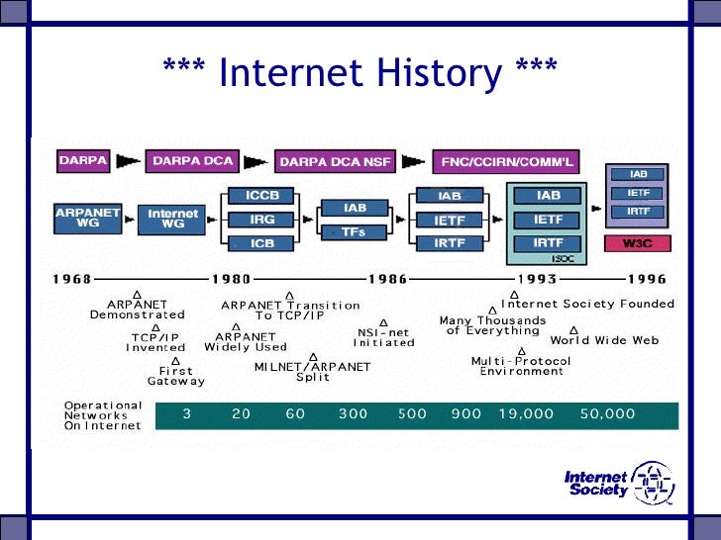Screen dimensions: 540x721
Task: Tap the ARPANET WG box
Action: [x=87, y=218]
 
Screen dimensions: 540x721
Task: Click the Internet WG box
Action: [x=173, y=218]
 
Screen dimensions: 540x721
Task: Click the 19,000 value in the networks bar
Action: [x=526, y=414]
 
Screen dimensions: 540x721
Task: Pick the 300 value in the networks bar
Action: [x=353, y=414]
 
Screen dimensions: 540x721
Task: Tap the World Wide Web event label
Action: [x=604, y=340]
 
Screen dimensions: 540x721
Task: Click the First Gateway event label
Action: [x=176, y=376]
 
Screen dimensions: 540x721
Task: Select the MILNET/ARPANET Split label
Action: [x=312, y=372]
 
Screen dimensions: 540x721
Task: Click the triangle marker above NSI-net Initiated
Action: [x=383, y=322]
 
